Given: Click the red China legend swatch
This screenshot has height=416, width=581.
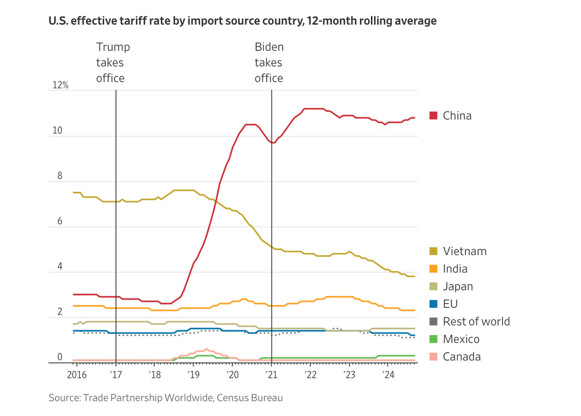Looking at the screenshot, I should point(434,115).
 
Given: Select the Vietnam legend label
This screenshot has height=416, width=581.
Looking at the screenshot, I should point(465,251).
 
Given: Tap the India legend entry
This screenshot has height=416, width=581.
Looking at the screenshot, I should point(455,269).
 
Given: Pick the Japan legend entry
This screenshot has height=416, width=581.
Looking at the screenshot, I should point(457,287).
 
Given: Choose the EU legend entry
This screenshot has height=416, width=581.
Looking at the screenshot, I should point(450,304).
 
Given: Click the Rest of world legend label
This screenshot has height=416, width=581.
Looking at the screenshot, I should point(476,322).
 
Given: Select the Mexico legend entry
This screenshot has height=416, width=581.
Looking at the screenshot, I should point(461,339).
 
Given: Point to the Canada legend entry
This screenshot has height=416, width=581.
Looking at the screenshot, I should point(461,357).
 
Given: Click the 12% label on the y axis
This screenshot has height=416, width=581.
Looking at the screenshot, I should point(60,85).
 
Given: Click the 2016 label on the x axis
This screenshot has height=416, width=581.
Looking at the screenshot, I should point(77,376).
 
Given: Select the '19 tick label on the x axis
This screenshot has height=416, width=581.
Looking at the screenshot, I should point(193,376).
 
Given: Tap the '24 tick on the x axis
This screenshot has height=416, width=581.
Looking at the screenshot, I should point(389,376).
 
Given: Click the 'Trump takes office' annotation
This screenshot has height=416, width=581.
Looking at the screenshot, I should point(113,63).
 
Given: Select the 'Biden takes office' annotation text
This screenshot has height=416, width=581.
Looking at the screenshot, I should point(269,63).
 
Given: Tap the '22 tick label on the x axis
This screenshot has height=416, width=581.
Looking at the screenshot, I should point(310,376).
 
